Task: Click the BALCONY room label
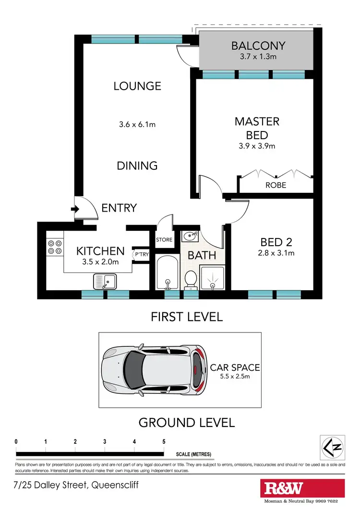tap(258, 46)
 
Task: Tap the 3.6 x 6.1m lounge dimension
tap(137, 124)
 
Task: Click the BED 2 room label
tap(276, 242)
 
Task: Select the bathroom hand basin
tap(190, 236)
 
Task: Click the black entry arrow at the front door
tap(74, 209)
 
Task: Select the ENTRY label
tap(119, 208)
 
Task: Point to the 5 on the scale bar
tap(164, 442)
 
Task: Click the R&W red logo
tap(284, 488)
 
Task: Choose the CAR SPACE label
tap(235, 368)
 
